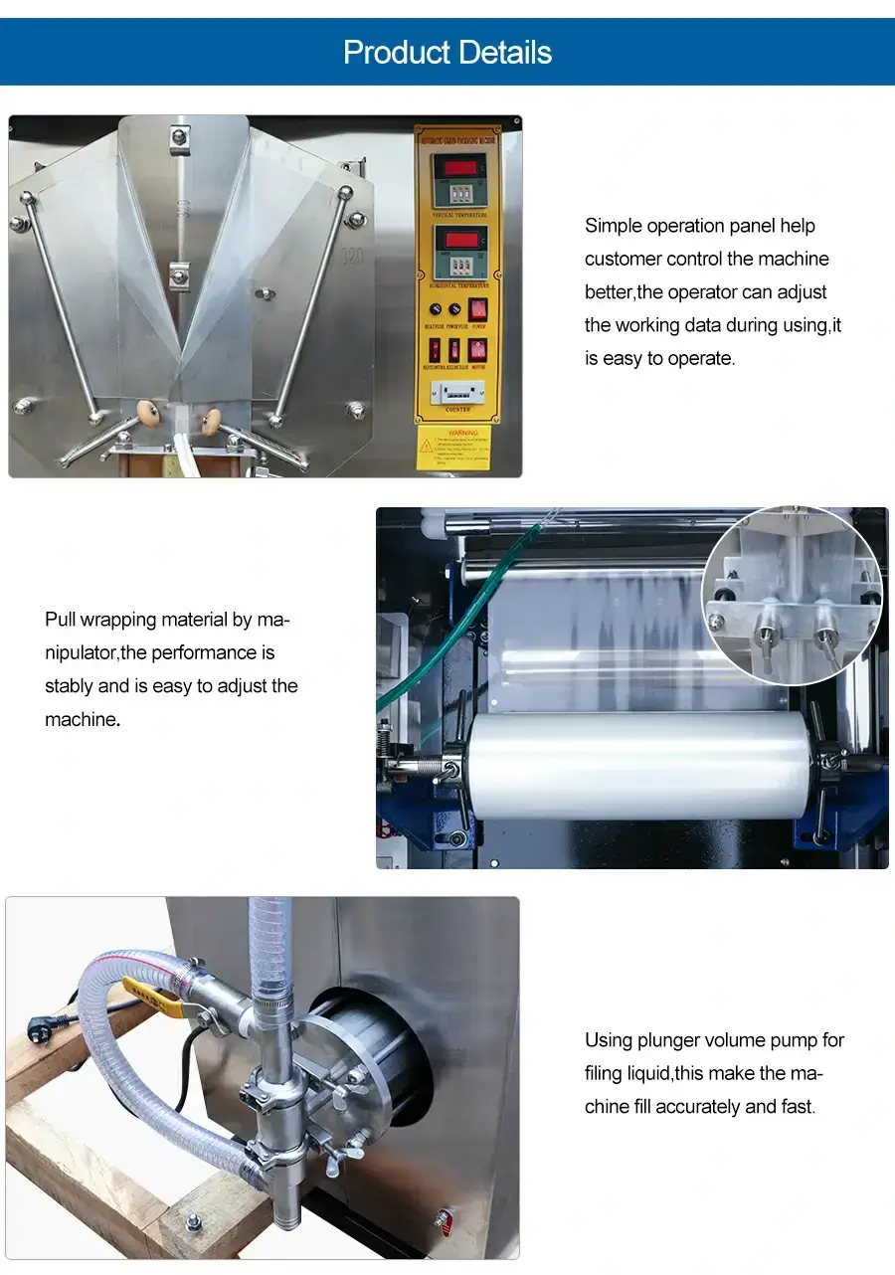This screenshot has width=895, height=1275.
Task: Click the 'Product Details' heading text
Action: [x=447, y=52]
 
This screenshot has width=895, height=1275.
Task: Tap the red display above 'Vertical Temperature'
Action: [x=458, y=165]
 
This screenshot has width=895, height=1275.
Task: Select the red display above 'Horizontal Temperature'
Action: [x=458, y=240]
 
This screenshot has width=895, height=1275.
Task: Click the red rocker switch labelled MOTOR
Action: [x=478, y=350]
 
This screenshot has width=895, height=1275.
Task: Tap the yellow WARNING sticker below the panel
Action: [x=454, y=448]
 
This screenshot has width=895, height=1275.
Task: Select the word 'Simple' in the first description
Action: [x=614, y=226]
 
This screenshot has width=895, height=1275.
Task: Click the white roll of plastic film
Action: [x=636, y=765]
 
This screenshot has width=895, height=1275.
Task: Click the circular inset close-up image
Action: [x=793, y=594]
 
